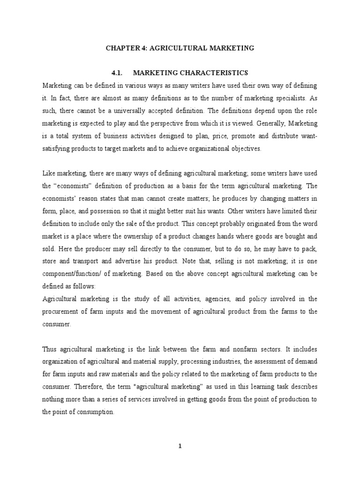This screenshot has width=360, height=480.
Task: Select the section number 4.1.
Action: [x=116, y=73]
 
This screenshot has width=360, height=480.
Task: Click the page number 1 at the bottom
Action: [x=180, y=446]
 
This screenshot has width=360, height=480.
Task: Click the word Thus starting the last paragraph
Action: [x=50, y=349]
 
